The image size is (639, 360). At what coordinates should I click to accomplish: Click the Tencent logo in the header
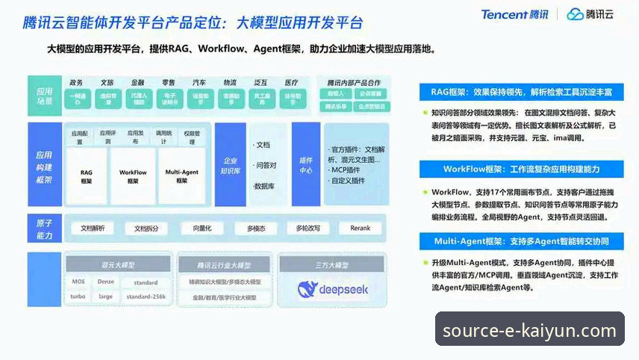point(514,14)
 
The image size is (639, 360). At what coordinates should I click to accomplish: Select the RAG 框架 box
point(87,176)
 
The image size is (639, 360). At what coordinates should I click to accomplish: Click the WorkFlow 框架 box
point(133,176)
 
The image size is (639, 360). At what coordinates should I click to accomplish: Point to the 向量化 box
point(203,229)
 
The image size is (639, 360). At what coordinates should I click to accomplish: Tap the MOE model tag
point(78,282)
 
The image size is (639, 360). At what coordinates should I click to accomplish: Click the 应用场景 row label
point(44,96)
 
